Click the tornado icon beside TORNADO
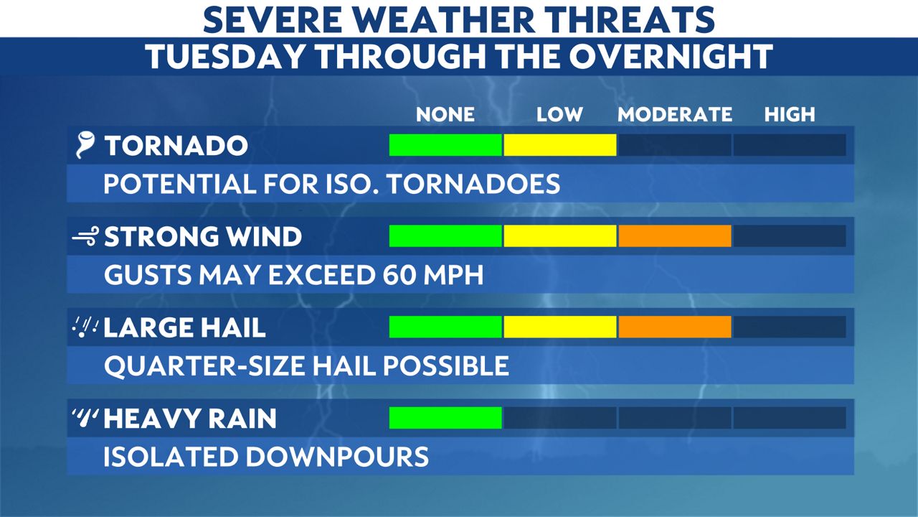coord(85,146)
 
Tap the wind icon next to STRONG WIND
coord(85,238)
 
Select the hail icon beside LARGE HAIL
coord(85,327)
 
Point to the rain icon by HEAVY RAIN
coord(85,418)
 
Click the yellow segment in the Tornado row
coord(559,145)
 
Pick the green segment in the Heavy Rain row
coord(445,417)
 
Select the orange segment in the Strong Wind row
coord(675,236)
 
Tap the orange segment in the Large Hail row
coord(675,327)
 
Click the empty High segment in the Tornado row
coord(790,145)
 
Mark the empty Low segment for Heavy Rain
coord(559,417)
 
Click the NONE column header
coord(445,114)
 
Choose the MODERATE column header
coord(675,114)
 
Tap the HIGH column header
coord(790,114)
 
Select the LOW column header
coord(559,114)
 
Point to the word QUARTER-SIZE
coord(204,366)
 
